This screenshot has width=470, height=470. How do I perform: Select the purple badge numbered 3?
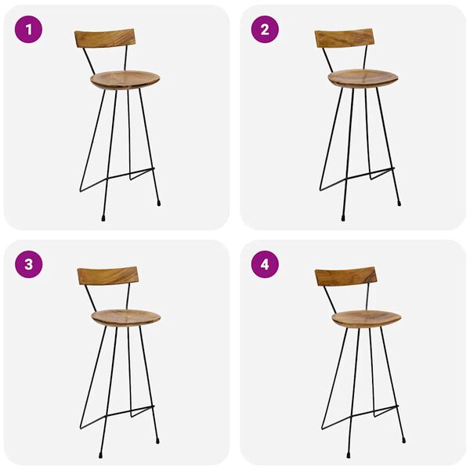point(28,264)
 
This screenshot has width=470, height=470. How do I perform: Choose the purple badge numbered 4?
point(265,264)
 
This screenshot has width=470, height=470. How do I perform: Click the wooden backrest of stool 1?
point(105,38)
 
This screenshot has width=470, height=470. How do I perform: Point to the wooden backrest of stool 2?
point(344,38)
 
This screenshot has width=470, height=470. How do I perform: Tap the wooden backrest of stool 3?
point(107,275)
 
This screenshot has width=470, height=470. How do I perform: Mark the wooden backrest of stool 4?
point(345,276)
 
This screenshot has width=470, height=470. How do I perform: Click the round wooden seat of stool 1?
point(125,80)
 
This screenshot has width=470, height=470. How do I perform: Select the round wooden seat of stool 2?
point(363,78)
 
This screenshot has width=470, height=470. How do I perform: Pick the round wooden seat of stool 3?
point(126,317)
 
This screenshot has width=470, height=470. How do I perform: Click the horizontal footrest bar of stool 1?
point(133,170)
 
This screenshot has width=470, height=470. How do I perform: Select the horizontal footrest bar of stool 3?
point(134,408)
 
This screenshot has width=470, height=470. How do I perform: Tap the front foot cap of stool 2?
point(342,216)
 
